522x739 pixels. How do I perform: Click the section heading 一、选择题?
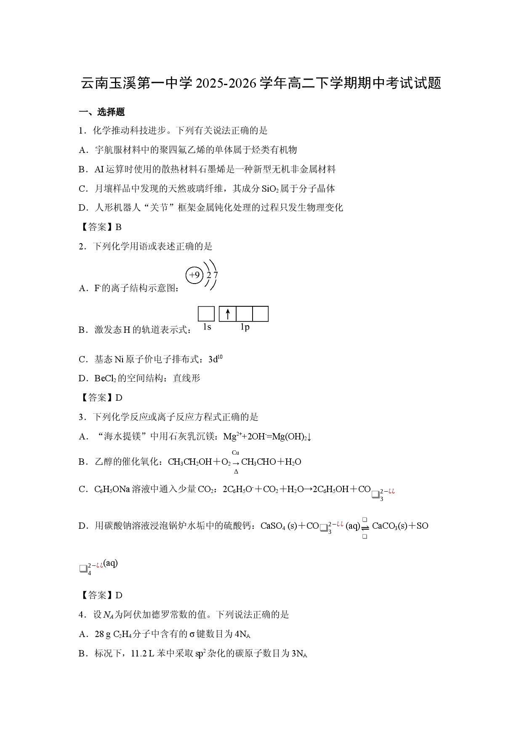pyautogui.click(x=102, y=112)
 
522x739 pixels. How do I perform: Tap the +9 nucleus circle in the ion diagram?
pyautogui.click(x=194, y=276)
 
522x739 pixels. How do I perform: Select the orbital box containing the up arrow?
pyautogui.click(x=228, y=314)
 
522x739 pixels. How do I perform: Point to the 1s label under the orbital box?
pyautogui.click(x=207, y=327)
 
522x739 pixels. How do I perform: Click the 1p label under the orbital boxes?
pyautogui.click(x=245, y=327)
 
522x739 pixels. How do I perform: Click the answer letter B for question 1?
pyautogui.click(x=118, y=227)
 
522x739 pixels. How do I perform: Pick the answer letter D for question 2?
pyautogui.click(x=119, y=398)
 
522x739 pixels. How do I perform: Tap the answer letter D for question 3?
pyautogui.click(x=119, y=595)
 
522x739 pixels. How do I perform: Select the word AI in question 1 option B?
pyautogui.click(x=99, y=169)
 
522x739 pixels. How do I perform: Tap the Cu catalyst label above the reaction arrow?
pyautogui.click(x=236, y=453)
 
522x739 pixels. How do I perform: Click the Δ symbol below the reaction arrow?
pyautogui.click(x=236, y=472)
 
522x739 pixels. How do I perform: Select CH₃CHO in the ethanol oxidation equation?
pyautogui.click(x=258, y=462)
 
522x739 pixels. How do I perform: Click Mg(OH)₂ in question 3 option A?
pyautogui.click(x=289, y=437)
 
